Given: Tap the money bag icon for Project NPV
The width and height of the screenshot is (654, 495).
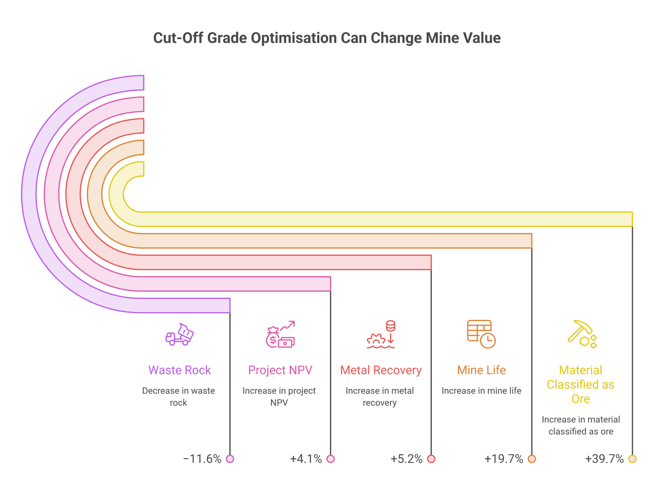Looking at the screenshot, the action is pos(280,334).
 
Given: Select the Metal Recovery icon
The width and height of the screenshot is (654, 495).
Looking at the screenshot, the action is pos(381,334).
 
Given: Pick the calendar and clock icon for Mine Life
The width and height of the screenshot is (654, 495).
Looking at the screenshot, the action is pos(481,334).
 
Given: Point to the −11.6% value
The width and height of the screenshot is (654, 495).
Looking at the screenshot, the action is pos(202,459).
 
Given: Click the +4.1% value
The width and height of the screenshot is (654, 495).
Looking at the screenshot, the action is pos(306,459).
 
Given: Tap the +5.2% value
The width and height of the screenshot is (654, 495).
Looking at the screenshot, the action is pos(406,459).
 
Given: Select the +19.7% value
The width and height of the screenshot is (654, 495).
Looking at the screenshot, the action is pos(504,459).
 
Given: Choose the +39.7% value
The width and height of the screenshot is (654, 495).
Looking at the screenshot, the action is pos(604,459).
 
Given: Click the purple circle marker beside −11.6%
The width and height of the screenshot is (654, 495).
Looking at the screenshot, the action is pos(230,459).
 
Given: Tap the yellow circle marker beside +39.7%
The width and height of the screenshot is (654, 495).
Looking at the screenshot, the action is pos(633,459).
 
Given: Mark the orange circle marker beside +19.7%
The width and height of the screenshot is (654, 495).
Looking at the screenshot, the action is pos(532,459).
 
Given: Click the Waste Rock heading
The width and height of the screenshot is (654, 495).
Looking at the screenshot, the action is pos(179,370).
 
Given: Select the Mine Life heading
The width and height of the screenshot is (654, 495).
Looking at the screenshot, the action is pos(481,370).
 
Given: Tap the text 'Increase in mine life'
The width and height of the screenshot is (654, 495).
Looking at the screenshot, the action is pos(481,391).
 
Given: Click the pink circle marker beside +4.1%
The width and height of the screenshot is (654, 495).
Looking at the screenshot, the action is pos(331,459).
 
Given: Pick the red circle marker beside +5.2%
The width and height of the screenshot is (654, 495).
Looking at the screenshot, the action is pos(431,459).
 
